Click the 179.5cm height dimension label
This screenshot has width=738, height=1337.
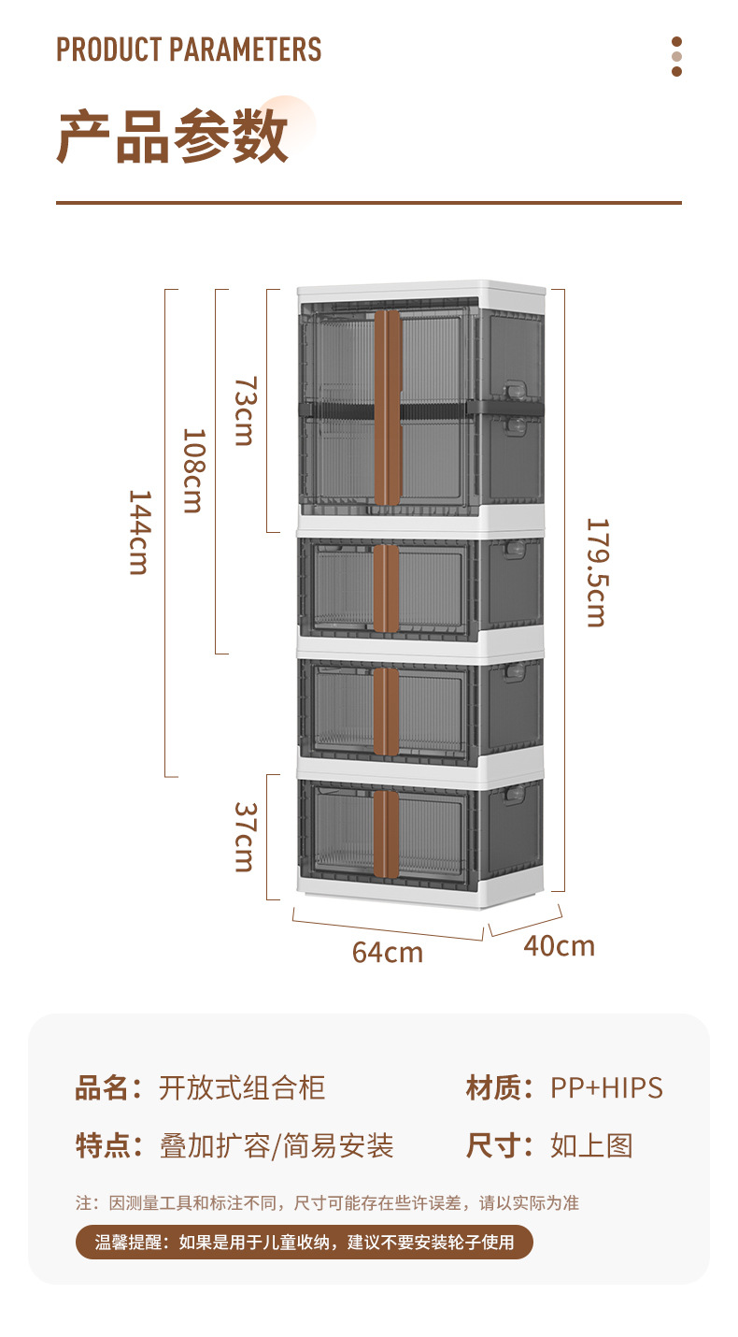click(597, 572)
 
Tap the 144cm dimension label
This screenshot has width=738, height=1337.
click(139, 532)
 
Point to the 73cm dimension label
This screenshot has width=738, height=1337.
click(245, 410)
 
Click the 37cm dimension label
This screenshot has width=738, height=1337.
click(245, 837)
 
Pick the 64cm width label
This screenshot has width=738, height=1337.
click(387, 952)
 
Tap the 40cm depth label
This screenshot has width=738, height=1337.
click(559, 946)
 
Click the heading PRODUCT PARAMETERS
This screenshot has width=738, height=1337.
click(189, 50)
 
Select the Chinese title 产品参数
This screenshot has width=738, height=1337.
click(173, 137)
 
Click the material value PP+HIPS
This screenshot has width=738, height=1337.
click(606, 1087)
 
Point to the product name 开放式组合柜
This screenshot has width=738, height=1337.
click(242, 1087)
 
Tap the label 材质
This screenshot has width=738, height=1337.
click(492, 1087)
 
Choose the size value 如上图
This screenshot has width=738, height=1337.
click(591, 1145)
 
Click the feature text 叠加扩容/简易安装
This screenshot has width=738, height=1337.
click(277, 1145)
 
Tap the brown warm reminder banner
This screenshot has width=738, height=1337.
click(305, 1242)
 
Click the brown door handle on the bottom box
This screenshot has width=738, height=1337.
click(386, 834)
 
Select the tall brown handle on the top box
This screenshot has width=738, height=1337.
click(388, 408)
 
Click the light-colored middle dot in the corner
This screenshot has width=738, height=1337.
click(676, 56)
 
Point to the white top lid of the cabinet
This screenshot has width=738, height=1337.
click(421, 291)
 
